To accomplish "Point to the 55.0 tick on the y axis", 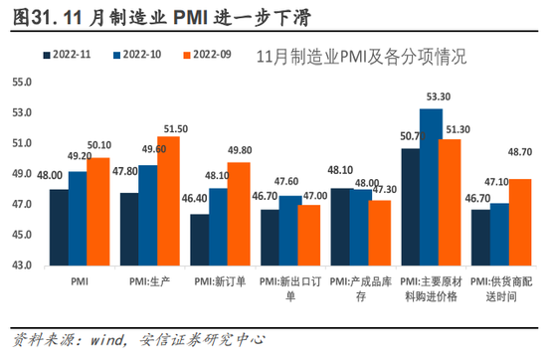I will point(22,83).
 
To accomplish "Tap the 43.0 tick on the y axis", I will point(22,266).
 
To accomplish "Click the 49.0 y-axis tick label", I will point(22,174).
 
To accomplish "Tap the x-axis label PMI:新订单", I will point(220,281).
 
